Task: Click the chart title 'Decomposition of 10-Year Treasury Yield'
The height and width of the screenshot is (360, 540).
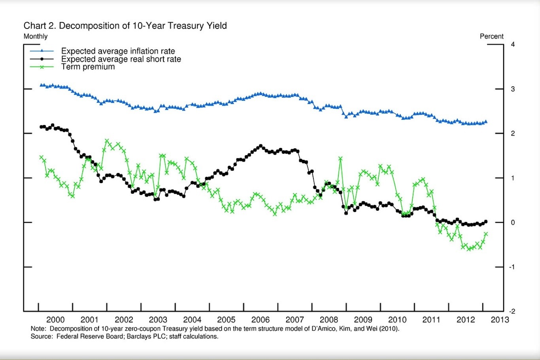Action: (x=143, y=26)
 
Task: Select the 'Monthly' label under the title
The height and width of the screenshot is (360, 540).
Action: (x=36, y=36)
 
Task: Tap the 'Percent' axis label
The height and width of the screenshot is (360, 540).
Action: (x=491, y=36)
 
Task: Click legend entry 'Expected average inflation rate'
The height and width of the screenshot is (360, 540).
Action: (x=118, y=51)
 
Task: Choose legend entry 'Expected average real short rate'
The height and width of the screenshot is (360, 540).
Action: (x=121, y=59)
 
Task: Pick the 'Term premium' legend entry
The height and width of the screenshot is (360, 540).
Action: (x=88, y=66)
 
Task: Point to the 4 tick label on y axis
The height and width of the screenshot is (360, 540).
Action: (x=513, y=44)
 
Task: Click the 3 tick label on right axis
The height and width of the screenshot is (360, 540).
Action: (x=513, y=89)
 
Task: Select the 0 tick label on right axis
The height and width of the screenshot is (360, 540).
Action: (x=513, y=222)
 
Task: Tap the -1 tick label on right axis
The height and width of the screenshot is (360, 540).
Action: (x=512, y=267)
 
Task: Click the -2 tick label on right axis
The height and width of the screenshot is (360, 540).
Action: (x=512, y=311)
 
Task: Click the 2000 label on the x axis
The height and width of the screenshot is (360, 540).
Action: (x=55, y=320)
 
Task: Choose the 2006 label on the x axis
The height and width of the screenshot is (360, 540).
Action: (x=261, y=320)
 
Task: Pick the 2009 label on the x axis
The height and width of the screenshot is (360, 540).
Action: (x=363, y=320)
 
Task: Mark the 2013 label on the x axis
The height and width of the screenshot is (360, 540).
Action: (x=500, y=320)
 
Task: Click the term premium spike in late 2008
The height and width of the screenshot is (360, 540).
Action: (x=340, y=159)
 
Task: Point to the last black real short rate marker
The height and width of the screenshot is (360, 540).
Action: (x=486, y=222)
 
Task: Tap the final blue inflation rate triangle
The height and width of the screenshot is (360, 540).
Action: (x=486, y=122)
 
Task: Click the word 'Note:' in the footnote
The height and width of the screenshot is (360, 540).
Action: (x=38, y=329)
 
